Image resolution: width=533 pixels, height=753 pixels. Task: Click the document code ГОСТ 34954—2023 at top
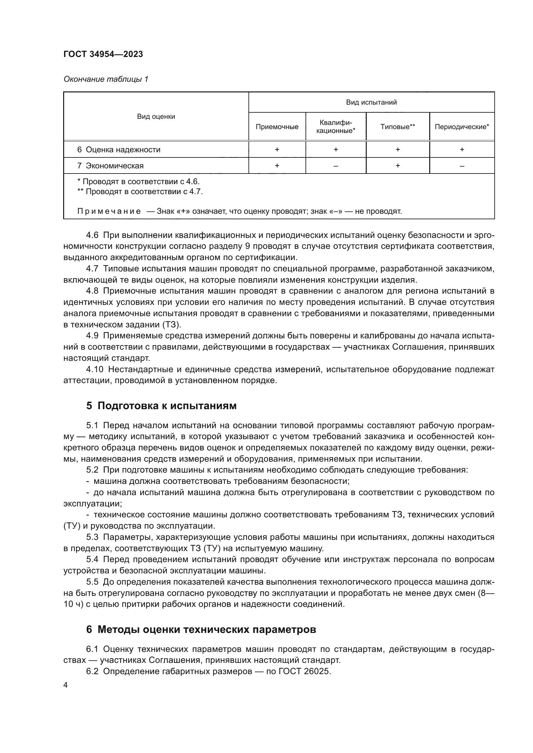point(103,54)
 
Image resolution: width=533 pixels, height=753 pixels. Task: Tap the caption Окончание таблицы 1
point(106,79)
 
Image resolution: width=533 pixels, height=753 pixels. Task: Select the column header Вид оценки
point(156,117)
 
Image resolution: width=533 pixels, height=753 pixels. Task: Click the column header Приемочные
point(277,127)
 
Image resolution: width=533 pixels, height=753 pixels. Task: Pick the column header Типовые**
point(397,127)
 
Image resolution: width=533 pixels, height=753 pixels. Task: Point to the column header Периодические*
point(461,127)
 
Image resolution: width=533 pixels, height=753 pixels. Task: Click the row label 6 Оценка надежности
point(119,150)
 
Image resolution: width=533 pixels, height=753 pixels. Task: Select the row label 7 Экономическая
point(111,166)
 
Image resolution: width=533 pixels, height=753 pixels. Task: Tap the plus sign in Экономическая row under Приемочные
point(277,166)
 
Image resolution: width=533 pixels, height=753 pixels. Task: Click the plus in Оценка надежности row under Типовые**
point(397,150)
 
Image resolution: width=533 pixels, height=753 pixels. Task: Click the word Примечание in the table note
point(109,212)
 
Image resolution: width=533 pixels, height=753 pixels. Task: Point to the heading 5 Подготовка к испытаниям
point(161,406)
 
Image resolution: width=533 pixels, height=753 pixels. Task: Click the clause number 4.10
point(94,370)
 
